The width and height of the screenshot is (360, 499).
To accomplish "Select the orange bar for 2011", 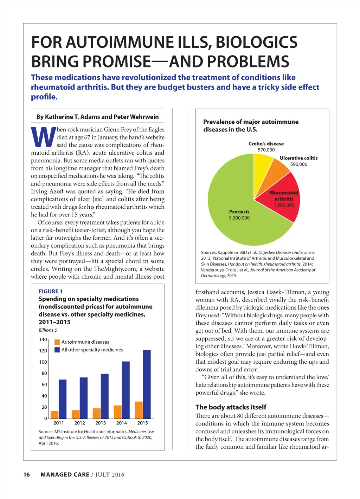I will (x=54, y=415).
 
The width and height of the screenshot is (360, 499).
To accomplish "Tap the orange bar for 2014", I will (x=118, y=412).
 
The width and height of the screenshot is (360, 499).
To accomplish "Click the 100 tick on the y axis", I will (x=43, y=362).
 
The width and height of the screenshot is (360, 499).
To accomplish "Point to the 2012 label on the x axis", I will (x=80, y=423).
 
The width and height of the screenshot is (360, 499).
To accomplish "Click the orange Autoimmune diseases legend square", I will (x=57, y=342).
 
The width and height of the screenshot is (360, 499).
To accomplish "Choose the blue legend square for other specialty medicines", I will (x=57, y=350).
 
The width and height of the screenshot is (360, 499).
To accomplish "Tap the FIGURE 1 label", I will (x=51, y=291).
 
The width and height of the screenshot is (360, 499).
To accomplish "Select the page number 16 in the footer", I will (x=27, y=475).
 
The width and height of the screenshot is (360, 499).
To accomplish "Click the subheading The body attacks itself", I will (x=231, y=407).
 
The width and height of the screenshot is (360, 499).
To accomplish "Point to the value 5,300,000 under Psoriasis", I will (x=239, y=218).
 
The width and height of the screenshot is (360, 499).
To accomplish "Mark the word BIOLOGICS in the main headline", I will (x=256, y=42).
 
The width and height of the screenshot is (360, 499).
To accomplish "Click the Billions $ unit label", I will (x=48, y=330).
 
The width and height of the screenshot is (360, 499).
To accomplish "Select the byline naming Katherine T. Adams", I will (x=97, y=117).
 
